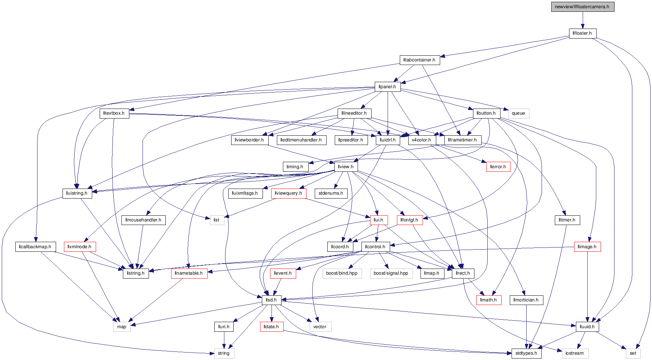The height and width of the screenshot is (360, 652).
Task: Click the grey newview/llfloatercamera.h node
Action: pos(582,7)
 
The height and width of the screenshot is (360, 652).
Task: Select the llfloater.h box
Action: pos(582,33)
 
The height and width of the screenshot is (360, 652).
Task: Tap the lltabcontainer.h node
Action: pos(419,60)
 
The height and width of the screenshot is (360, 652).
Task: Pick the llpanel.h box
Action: pos(387,87)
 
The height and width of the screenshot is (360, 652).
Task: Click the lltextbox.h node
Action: pos(114,113)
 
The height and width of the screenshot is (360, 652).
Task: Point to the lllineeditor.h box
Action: pos(354,113)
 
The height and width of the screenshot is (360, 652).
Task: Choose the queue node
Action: pos(518,113)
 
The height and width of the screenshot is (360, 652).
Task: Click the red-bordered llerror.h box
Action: pos(498,167)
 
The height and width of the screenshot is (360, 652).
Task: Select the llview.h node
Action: pos(346,167)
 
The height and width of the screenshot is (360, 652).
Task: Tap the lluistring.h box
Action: pos(77,193)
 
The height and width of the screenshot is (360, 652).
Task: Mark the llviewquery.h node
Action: pos(288,193)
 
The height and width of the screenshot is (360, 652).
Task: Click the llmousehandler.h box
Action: pos(143,220)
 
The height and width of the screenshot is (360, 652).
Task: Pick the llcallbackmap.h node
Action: pos(35,247)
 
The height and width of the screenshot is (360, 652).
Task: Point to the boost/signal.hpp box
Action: pos(391,273)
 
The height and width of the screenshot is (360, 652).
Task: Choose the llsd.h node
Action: pos(271,300)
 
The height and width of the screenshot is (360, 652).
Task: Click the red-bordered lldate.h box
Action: pos(271,327)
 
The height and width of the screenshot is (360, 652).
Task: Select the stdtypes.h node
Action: pos(526,353)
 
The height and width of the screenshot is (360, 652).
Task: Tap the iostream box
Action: pos(574,353)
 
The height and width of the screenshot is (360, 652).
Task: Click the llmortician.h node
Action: pos(526,300)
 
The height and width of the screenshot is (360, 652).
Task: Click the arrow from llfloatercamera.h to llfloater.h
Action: pos(582,20)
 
